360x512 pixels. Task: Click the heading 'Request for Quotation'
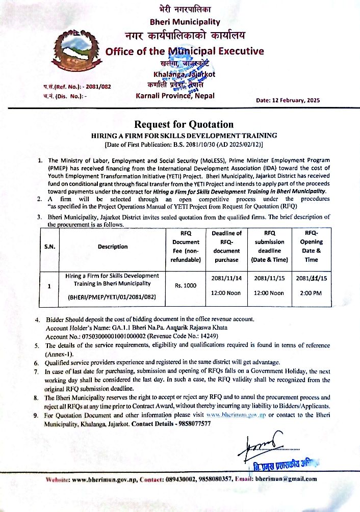(x=184, y=124)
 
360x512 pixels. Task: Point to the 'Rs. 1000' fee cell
(x=186, y=286)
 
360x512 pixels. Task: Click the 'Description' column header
(x=113, y=247)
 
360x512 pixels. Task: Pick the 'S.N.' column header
(x=49, y=247)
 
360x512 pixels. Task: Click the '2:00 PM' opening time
(x=311, y=293)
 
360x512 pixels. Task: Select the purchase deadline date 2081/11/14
(x=226, y=278)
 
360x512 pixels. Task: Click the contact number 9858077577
(x=205, y=424)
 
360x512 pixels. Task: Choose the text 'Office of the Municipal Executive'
(x=184, y=51)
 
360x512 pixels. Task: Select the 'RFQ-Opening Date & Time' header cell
(x=311, y=247)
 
